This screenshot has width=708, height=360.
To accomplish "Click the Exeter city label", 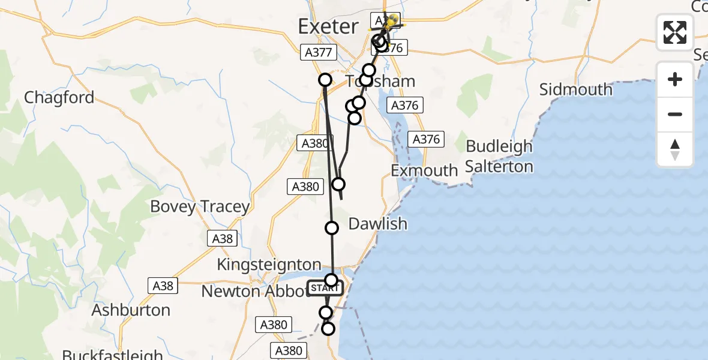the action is pos(329,26).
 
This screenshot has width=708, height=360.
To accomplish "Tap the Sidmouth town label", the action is pos(575,90).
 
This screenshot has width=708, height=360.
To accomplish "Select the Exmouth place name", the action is pos(424,170).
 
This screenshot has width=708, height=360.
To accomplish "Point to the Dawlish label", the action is pos(377,224).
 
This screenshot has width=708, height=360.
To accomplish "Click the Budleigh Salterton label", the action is pos(499,156).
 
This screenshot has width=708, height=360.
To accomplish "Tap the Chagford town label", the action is pos(59,97).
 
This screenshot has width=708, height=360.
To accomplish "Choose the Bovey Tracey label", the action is pos(200,207).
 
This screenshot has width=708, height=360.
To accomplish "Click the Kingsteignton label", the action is pos(269,265).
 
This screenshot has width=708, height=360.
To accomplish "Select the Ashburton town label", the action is pos(131,310).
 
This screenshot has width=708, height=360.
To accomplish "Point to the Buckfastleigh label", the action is pos(112,355).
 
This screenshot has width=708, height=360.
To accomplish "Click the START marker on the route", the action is pos(325,288).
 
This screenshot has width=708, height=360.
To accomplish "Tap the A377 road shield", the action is pos(318,53).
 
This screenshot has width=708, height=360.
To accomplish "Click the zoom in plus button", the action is pos(675,79).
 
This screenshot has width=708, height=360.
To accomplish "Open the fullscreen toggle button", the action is pos(675,32).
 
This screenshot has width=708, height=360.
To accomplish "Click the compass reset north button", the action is pos(675,150).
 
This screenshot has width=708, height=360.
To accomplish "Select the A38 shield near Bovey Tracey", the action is pos(223,239).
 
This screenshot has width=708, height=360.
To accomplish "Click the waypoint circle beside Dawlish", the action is pos(332,227).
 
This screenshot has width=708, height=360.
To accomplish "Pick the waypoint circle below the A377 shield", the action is pos(325,79).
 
